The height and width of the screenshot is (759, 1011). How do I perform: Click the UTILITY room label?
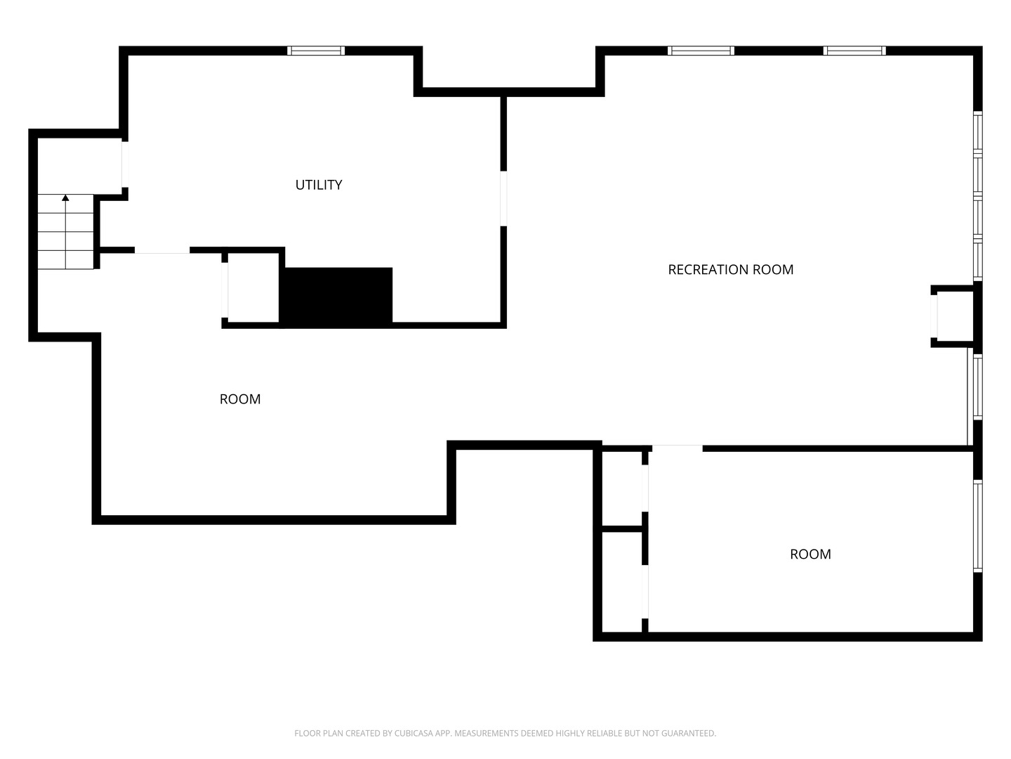(318, 185)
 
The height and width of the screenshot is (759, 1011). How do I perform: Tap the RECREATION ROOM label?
(730, 270)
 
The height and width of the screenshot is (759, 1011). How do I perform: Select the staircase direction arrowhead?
(65, 197)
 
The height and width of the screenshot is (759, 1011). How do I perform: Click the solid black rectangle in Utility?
(336, 297)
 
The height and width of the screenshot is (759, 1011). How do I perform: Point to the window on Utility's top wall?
(316, 51)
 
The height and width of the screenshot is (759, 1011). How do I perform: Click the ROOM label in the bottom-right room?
(810, 554)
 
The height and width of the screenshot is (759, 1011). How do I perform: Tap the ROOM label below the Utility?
(240, 399)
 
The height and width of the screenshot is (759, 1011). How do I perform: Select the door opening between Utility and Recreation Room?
(503, 199)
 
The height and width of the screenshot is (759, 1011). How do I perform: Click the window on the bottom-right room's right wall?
(977, 526)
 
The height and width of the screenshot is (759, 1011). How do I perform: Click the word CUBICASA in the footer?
(411, 733)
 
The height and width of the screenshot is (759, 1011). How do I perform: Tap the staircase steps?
(65, 232)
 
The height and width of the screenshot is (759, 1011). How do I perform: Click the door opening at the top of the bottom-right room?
(677, 448)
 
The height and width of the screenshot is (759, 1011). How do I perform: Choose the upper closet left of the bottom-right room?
(622, 488)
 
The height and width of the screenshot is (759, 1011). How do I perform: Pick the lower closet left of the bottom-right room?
(622, 582)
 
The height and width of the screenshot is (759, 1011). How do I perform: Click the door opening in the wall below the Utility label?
(161, 250)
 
